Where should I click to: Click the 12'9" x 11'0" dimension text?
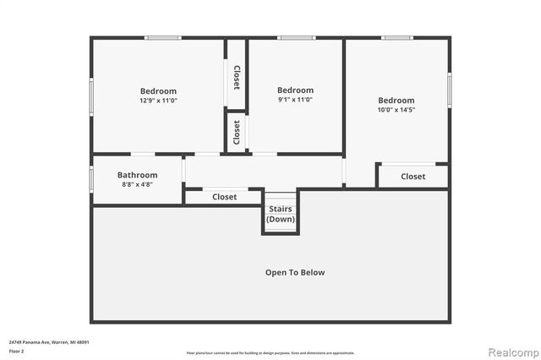click(x=158, y=101)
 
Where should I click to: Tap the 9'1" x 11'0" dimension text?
click(x=295, y=100)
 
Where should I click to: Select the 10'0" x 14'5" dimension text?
click(x=396, y=110)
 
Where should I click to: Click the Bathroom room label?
click(x=137, y=175)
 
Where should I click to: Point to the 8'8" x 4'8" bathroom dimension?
click(x=137, y=185)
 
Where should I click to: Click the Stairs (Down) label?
click(x=281, y=214)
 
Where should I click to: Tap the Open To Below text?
click(x=295, y=273)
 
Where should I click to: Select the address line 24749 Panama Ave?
click(x=49, y=341)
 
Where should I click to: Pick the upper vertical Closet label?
click(x=237, y=76)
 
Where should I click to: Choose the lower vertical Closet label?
click(x=237, y=133)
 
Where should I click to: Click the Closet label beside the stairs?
click(x=224, y=197)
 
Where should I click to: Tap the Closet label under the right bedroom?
click(x=413, y=177)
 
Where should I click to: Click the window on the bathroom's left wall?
click(x=92, y=179)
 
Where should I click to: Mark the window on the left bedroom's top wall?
click(x=162, y=37)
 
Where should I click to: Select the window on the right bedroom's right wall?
click(x=449, y=92)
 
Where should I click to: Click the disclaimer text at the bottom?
click(x=270, y=352)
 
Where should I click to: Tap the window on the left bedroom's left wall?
click(x=92, y=95)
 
